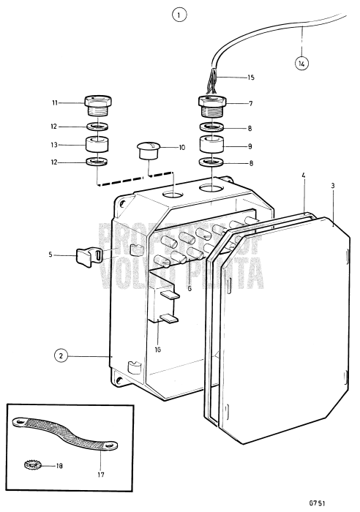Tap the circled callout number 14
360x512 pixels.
click(302, 63)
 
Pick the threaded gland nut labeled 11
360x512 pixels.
click(97, 105)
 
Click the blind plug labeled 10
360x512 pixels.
click(149, 152)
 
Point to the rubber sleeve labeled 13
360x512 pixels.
click(97, 144)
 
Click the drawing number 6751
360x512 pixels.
click(334, 503)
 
